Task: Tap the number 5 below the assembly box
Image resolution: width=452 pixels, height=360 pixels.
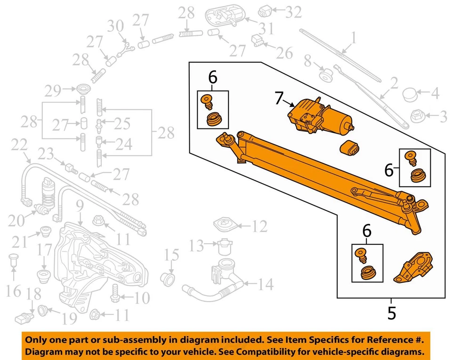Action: pyautogui.click(x=391, y=313)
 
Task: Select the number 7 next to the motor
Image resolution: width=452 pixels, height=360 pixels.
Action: pyautogui.click(x=280, y=99)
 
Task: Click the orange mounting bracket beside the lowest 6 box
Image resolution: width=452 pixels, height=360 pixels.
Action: pyautogui.click(x=414, y=269)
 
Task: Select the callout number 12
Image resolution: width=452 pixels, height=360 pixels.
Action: pyautogui.click(x=259, y=227)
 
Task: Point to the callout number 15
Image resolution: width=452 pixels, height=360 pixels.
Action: pyautogui.click(x=172, y=256)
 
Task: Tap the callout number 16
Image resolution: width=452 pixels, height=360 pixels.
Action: pyautogui.click(x=14, y=291)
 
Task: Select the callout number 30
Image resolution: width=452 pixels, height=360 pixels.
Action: pyautogui.click(x=116, y=26)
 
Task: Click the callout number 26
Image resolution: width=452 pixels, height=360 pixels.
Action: pyautogui.click(x=284, y=53)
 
